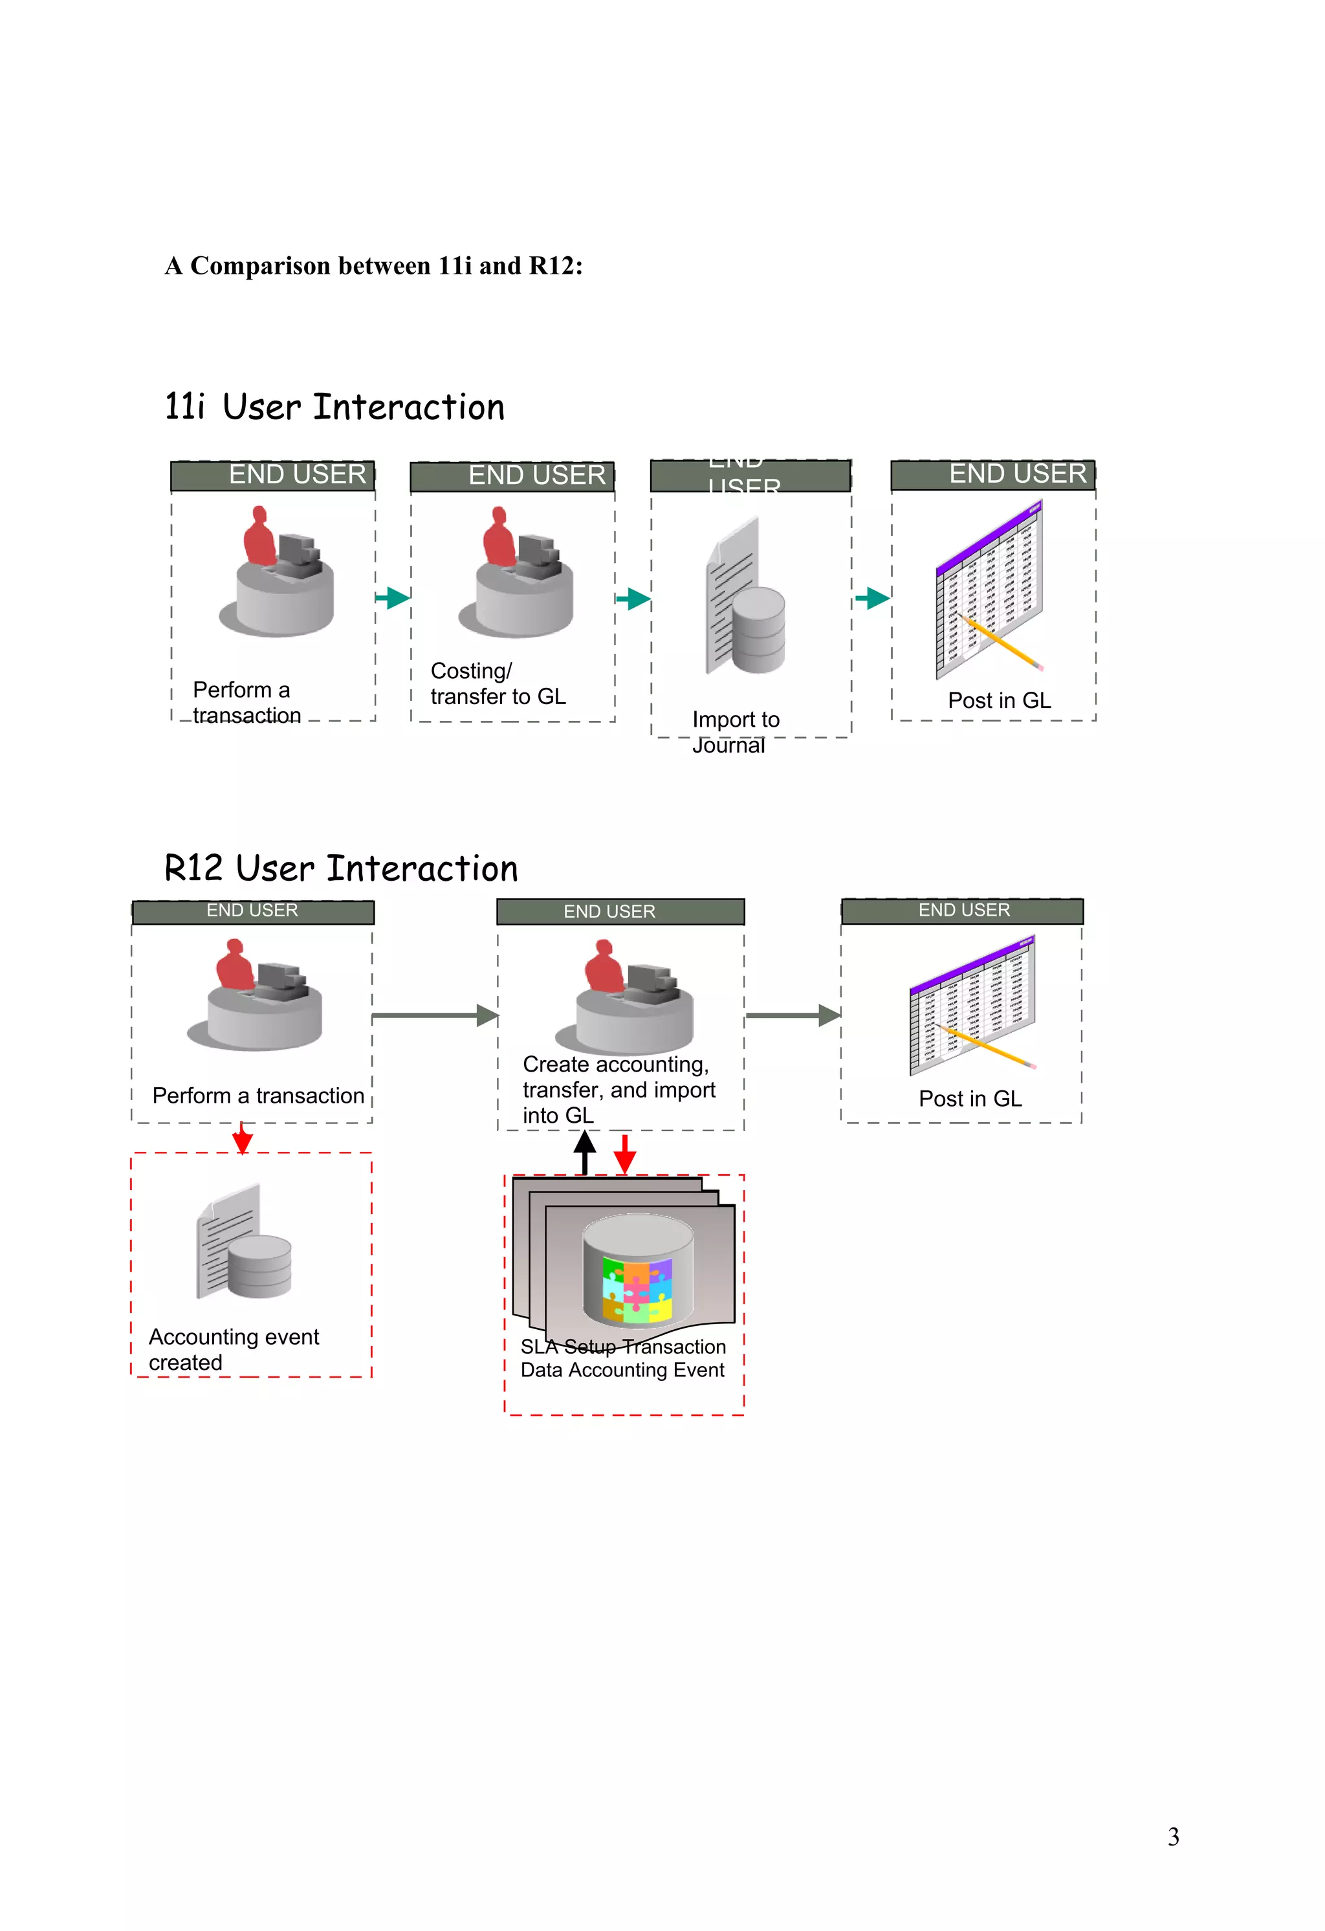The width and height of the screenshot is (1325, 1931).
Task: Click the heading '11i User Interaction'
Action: pyautogui.click(x=334, y=407)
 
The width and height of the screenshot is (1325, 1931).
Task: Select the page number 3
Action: pyautogui.click(x=1172, y=1837)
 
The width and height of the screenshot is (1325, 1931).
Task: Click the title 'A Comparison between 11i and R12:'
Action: pyautogui.click(x=374, y=266)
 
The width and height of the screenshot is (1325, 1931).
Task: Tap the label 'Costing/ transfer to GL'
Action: pyautogui.click(x=498, y=683)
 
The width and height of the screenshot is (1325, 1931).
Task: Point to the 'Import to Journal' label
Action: pyautogui.click(x=734, y=731)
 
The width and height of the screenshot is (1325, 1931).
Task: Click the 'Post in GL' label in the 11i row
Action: pyautogui.click(x=1000, y=700)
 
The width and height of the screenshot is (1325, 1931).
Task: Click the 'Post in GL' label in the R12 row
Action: pyautogui.click(x=969, y=1098)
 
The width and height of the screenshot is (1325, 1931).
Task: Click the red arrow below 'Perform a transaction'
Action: pyautogui.click(x=242, y=1138)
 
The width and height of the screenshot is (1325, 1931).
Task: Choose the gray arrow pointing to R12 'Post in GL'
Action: pyautogui.click(x=793, y=1015)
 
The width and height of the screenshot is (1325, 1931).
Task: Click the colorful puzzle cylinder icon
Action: pyautogui.click(x=637, y=1272)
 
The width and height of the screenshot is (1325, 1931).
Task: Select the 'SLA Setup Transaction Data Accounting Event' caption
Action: pyautogui.click(x=623, y=1358)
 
